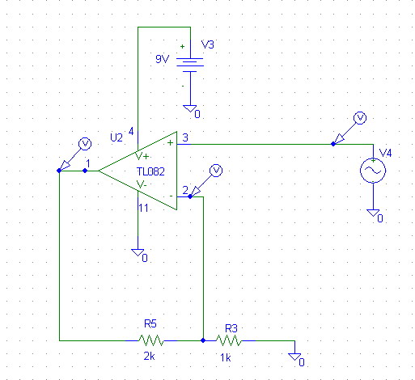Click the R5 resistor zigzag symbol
point(151,340)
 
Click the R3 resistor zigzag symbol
point(229,340)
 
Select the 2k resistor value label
point(149,357)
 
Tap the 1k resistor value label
point(226,358)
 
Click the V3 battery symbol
point(190,65)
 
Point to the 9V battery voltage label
point(162,59)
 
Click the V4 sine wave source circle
point(373,171)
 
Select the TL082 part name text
point(150,171)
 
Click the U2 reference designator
point(116,137)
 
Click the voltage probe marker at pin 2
point(206,181)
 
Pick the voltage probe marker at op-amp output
point(75,155)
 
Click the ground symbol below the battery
point(190,108)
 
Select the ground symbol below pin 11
point(138,252)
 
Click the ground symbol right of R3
point(294,357)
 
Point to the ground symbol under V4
point(373,213)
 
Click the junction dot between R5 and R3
point(203,340)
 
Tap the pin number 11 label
point(143,208)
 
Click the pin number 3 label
point(185,137)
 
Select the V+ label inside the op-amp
point(142,156)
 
